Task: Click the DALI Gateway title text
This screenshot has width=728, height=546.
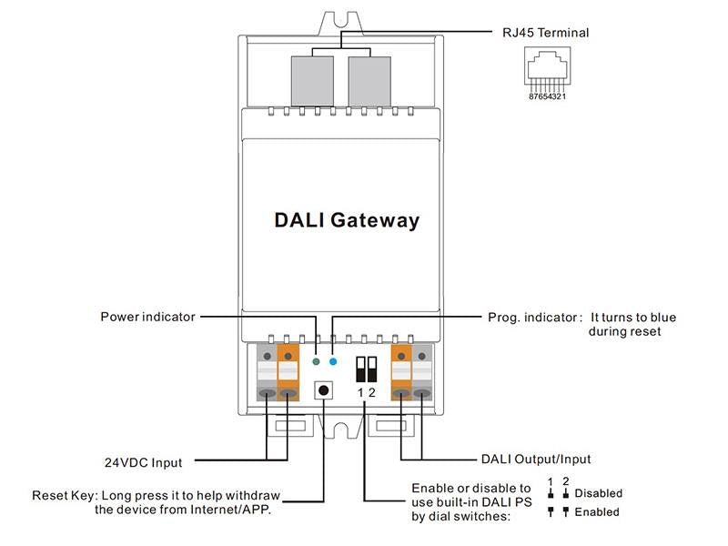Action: click(x=347, y=220)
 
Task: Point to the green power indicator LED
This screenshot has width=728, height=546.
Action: click(x=316, y=361)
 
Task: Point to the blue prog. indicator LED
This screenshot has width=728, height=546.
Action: click(x=333, y=361)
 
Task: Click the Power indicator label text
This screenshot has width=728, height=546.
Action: click(x=147, y=317)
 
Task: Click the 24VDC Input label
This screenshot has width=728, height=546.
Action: click(x=142, y=462)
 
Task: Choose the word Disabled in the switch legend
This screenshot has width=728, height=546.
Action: click(x=598, y=493)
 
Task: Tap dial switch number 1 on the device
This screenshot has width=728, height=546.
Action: click(x=361, y=369)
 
